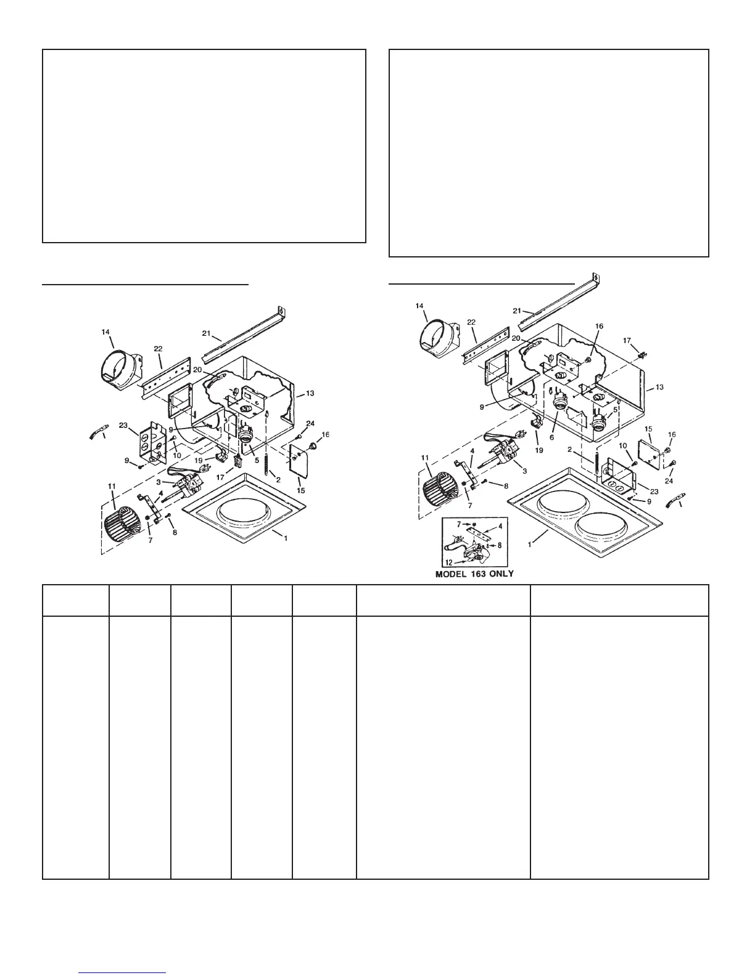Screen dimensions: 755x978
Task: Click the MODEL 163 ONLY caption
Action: point(474,573)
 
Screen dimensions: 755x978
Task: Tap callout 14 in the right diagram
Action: point(419,306)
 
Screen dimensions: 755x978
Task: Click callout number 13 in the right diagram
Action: point(659,387)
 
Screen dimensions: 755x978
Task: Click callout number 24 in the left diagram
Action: point(310,424)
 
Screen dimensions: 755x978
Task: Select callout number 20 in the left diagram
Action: point(197,370)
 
